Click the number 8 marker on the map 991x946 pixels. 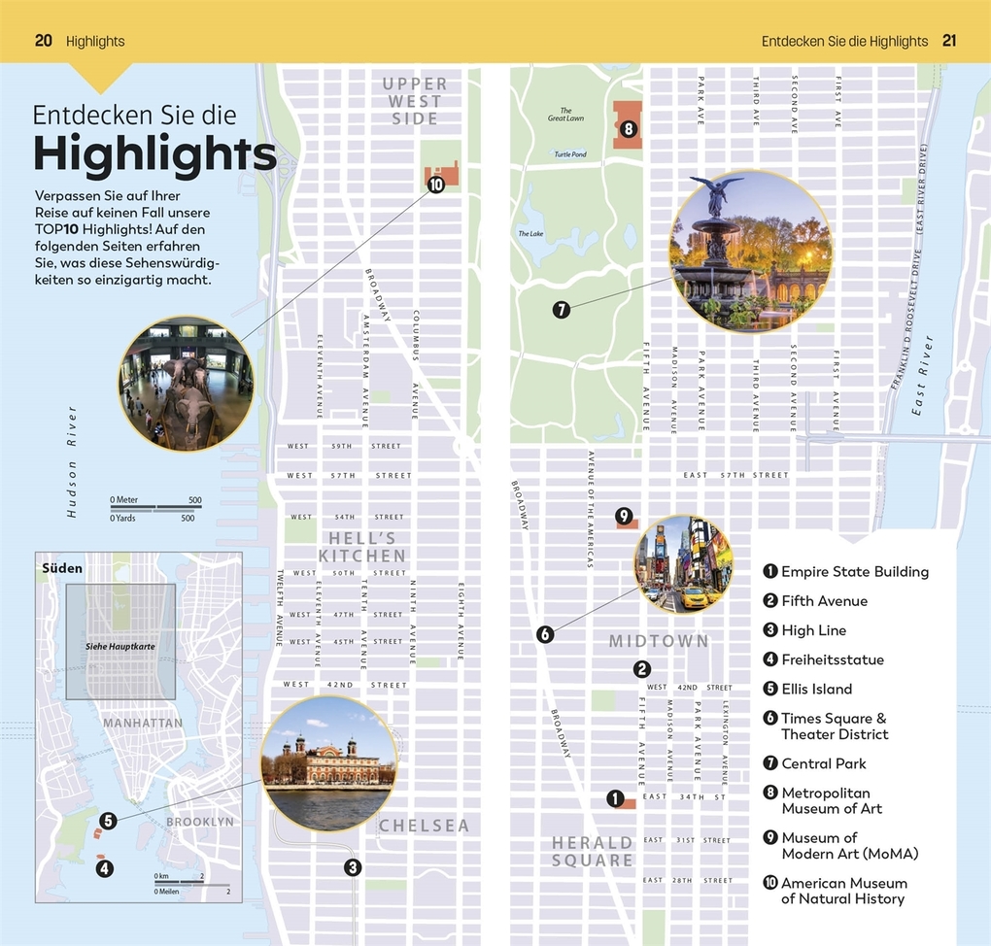629,128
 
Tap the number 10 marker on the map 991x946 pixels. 435,184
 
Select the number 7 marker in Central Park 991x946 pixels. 561,311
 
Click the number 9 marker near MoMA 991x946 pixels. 624,516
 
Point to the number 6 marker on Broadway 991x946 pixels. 545,634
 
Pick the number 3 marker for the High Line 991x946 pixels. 353,867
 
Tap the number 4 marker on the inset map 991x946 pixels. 105,869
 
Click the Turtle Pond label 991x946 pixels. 570,154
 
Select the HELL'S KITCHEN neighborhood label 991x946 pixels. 361,547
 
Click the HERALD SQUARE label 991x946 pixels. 593,851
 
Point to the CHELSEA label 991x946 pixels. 424,826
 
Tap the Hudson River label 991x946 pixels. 72,461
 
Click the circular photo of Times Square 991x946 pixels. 683,564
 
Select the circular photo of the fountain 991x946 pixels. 750,253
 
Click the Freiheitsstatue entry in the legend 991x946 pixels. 832,660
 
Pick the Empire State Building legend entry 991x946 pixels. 854,572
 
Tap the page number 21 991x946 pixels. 949,41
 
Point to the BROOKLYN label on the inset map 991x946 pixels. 199,822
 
